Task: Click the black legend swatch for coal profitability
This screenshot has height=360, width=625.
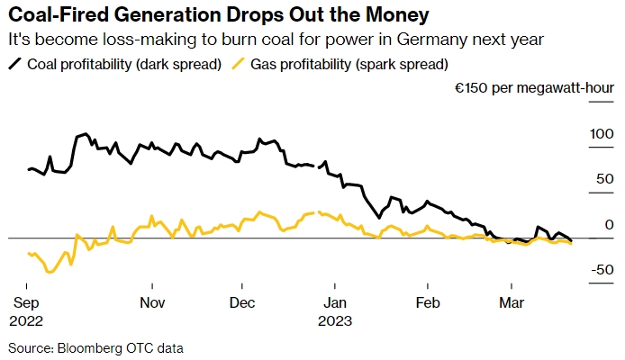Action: pyautogui.click(x=15, y=65)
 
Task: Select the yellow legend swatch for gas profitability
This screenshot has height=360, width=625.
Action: pyautogui.click(x=238, y=65)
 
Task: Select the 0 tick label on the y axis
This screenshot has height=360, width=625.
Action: pyautogui.click(x=606, y=225)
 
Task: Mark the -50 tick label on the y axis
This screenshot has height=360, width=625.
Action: pyautogui.click(x=599, y=270)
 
